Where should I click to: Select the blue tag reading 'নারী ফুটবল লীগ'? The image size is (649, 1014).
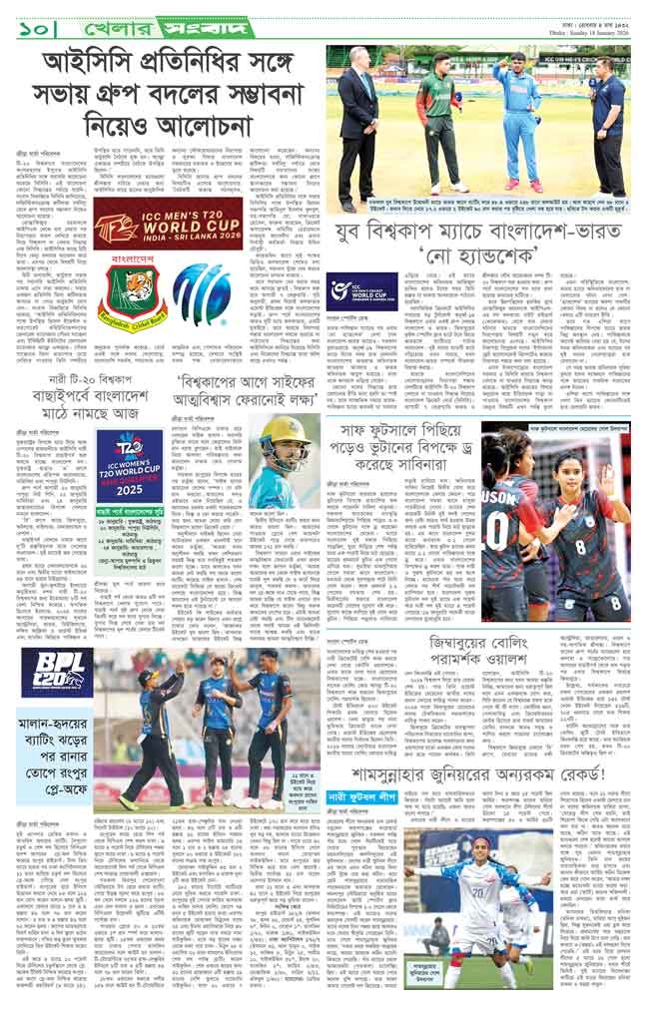point(366,797)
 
